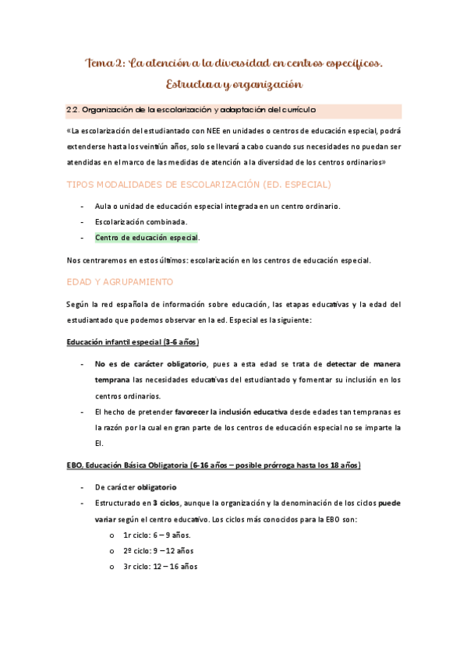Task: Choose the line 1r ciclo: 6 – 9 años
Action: tap(156, 535)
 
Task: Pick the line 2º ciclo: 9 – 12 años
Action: tap(158, 550)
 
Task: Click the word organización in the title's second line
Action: tap(262, 83)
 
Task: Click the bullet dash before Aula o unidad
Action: tap(83, 206)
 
